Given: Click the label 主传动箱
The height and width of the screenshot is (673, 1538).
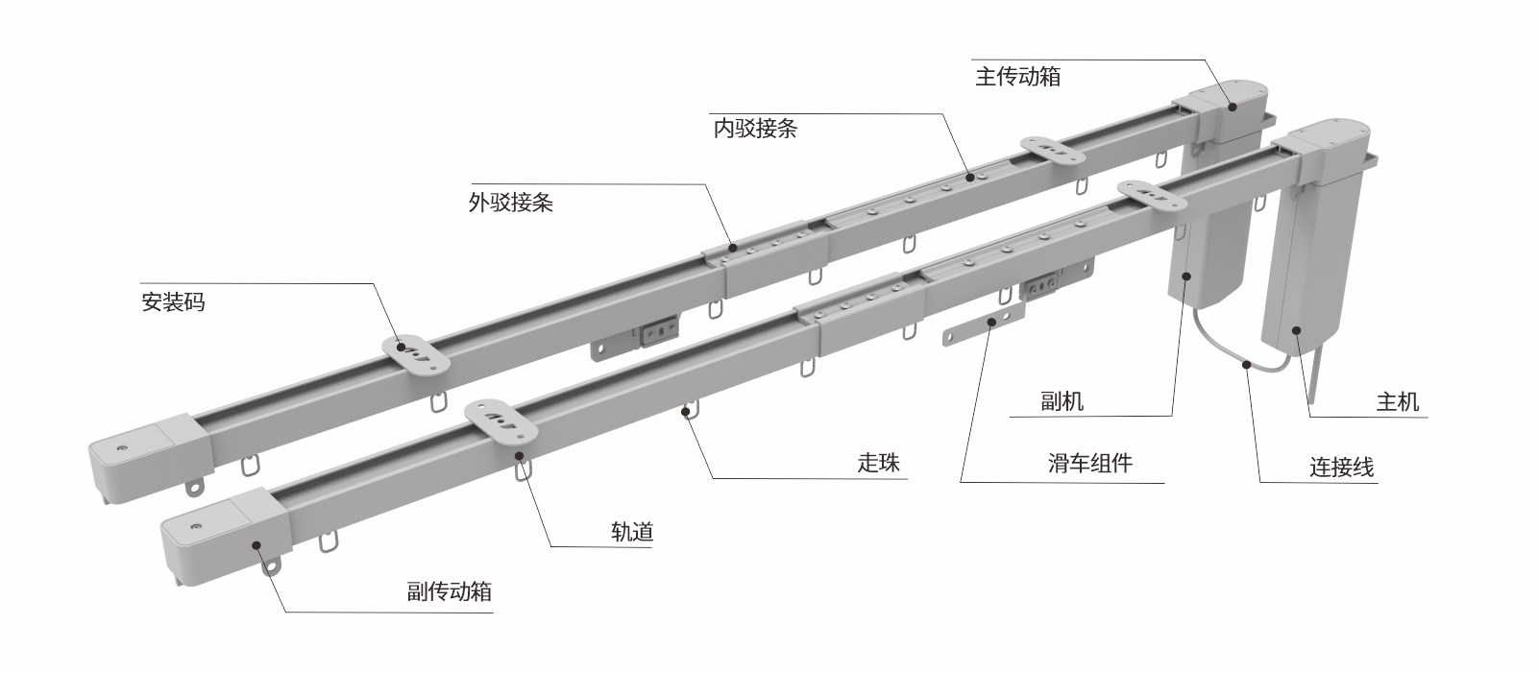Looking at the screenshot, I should [1017, 77].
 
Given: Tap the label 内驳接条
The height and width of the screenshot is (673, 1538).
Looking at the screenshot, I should [755, 129].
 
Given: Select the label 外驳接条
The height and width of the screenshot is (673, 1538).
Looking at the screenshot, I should [510, 203].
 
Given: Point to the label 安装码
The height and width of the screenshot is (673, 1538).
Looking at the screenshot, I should [173, 302].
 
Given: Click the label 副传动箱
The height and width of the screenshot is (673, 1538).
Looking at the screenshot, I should [449, 591].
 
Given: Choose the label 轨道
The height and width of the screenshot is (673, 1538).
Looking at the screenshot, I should [632, 532].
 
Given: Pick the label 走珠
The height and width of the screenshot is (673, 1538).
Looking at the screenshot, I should [879, 463].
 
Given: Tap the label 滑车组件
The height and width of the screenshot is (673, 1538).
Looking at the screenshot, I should [1089, 464].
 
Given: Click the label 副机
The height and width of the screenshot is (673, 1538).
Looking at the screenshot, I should [1062, 401].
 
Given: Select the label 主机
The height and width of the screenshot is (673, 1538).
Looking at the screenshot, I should [1397, 401].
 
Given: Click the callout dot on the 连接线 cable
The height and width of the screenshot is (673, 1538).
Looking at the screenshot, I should [1245, 364].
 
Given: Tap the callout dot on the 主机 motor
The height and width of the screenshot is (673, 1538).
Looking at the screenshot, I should [1296, 330].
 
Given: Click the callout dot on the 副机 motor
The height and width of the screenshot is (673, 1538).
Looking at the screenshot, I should [1186, 276].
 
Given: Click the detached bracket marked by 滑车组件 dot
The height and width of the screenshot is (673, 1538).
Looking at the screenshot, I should [985, 323].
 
